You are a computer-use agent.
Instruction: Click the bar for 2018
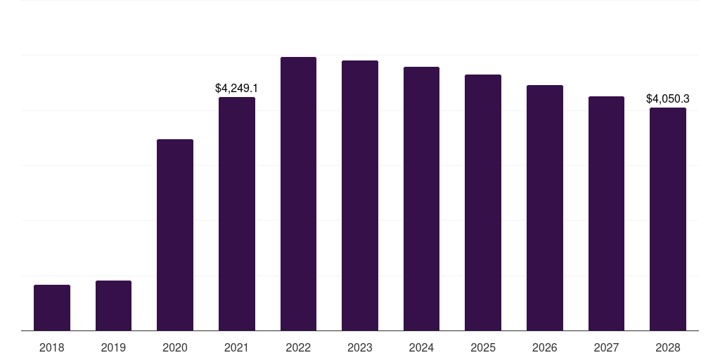click(x=52, y=307)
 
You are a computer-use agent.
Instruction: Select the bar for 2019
click(x=113, y=305)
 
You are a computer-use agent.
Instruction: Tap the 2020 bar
click(x=175, y=235)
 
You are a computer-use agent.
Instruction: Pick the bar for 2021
click(x=237, y=214)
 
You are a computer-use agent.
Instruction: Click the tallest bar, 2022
click(x=298, y=193)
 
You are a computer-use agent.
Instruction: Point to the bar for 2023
click(x=360, y=195)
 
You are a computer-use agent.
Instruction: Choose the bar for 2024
click(x=421, y=198)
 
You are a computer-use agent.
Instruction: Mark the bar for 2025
click(x=483, y=202)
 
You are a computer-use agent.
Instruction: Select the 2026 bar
click(x=545, y=207)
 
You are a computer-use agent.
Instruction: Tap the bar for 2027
click(x=606, y=213)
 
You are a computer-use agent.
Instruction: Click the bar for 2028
click(x=668, y=219)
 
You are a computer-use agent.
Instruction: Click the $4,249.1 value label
click(x=237, y=88)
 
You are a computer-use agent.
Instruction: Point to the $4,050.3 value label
click(x=668, y=98)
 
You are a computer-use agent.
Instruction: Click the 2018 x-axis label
click(x=52, y=347)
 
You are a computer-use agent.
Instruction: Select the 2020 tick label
click(x=175, y=347)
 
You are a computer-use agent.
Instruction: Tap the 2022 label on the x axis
click(x=298, y=347)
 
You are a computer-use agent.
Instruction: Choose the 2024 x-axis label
click(x=421, y=347)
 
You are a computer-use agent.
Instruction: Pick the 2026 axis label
click(x=545, y=347)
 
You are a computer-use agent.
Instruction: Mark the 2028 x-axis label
click(x=668, y=347)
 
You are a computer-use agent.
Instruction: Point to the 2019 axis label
click(x=113, y=347)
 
